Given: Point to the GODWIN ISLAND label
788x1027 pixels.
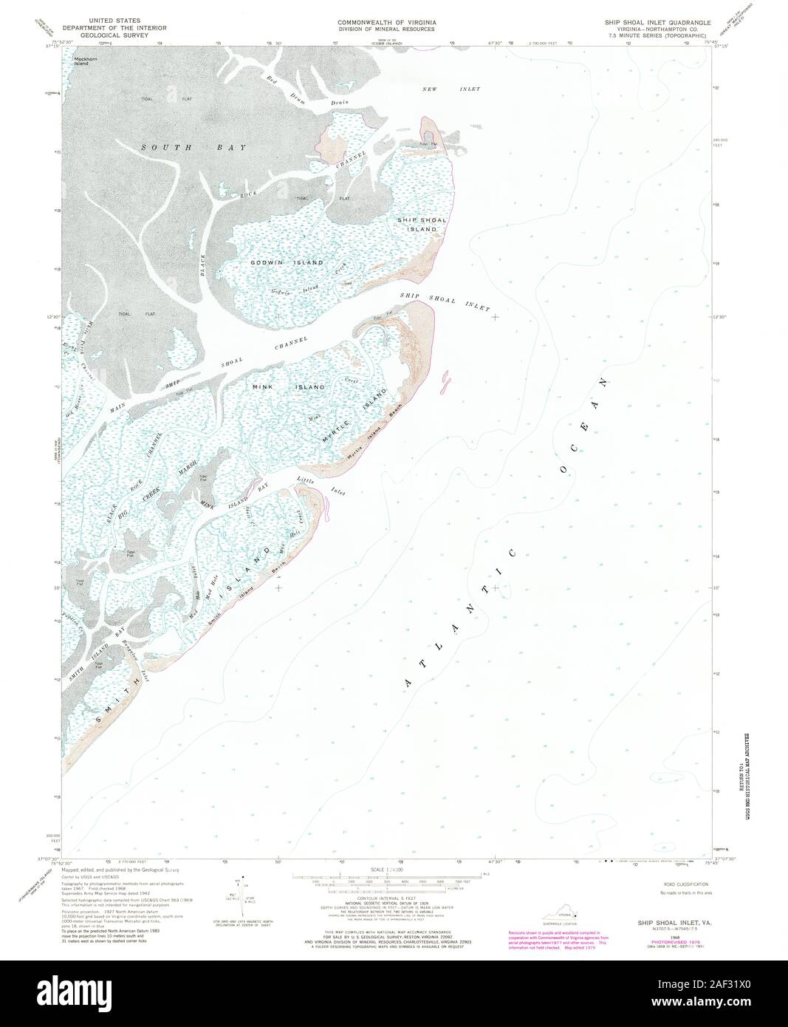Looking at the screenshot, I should pos(278,263).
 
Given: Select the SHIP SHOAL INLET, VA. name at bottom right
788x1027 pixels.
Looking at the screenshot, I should pos(662,924).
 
